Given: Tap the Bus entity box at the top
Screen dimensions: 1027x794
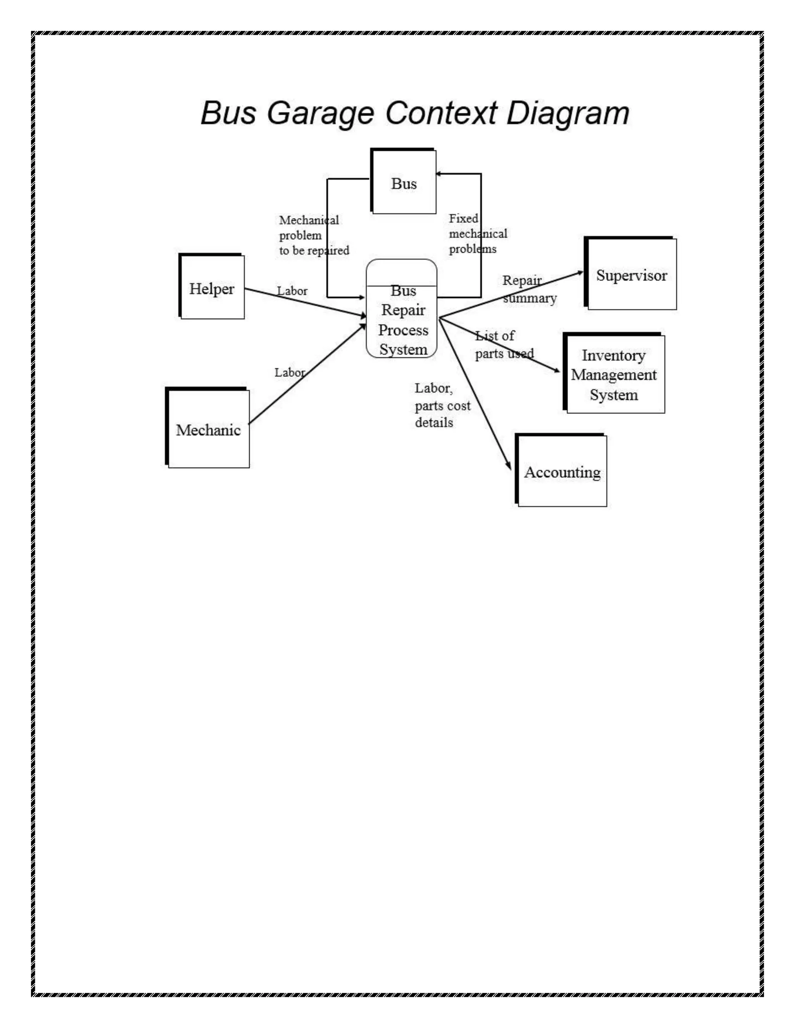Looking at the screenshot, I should point(404,183).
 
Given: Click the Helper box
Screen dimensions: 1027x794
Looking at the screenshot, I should point(212,288).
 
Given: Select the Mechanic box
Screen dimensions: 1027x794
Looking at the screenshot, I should point(208,429).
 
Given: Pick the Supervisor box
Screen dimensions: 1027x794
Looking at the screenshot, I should point(631,275).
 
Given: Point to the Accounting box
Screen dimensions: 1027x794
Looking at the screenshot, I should point(562,471).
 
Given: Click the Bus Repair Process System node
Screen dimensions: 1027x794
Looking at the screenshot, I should point(402,320).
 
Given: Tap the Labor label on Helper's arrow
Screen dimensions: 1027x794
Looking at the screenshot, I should point(292,291).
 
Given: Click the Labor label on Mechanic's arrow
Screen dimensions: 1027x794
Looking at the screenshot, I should point(290,372).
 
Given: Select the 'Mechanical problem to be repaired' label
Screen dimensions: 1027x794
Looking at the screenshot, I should point(314,235).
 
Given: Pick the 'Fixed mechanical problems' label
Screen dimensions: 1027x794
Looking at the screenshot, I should point(477,233).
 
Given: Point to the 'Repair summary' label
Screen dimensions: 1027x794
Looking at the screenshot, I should point(529,289).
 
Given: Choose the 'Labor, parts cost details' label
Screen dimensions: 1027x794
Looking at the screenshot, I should point(442,405).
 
